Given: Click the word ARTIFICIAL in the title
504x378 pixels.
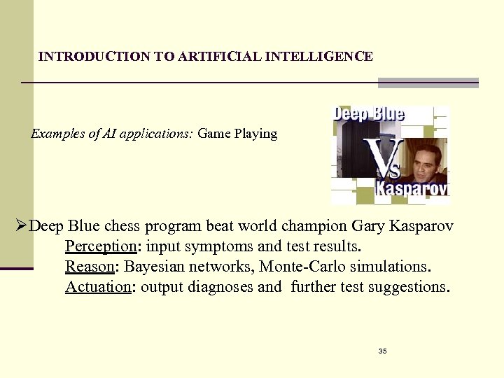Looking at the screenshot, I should (219, 57).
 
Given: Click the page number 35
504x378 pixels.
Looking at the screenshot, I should (382, 350).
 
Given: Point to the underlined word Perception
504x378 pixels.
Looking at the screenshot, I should (99, 246).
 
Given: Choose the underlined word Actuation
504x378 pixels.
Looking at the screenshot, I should (98, 287).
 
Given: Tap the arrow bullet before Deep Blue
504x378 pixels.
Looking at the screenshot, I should (22, 226).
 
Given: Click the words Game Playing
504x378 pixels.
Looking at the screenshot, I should (237, 133).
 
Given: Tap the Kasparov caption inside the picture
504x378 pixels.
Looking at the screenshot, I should (412, 190).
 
